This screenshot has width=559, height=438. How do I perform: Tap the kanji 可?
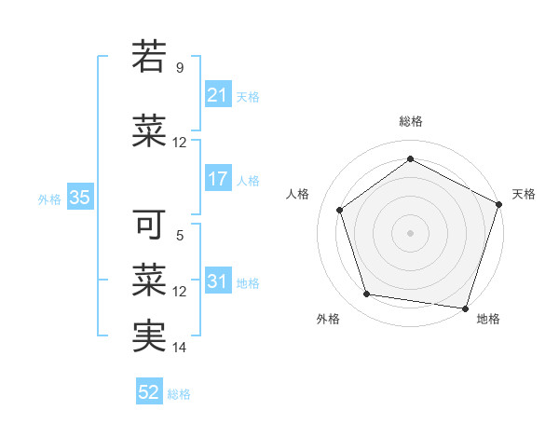pyautogui.click(x=149, y=225)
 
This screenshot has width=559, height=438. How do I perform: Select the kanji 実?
pyautogui.click(x=149, y=335)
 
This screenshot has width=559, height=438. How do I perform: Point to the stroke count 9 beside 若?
pyautogui.click(x=180, y=68)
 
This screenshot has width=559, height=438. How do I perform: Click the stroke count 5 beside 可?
pyautogui.click(x=180, y=237)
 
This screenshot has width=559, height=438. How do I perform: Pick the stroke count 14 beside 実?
pyautogui.click(x=180, y=348)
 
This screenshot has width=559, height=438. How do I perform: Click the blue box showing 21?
pyautogui.click(x=217, y=95)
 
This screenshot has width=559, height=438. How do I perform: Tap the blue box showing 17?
pyautogui.click(x=217, y=179)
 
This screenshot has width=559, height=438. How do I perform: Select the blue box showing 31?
pyautogui.click(x=217, y=281)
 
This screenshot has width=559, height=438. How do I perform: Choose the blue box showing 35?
pyautogui.click(x=79, y=198)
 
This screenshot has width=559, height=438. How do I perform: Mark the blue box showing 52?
pyautogui.click(x=149, y=393)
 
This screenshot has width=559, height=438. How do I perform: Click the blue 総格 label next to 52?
pyautogui.click(x=179, y=394)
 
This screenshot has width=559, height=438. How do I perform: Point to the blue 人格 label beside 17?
pyautogui.click(x=248, y=180)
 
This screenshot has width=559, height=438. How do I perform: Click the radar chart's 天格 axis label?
pyautogui.click(x=524, y=194)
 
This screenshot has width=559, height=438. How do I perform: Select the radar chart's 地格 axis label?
pyautogui.click(x=488, y=319)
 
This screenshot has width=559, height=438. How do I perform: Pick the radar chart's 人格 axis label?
pyautogui.click(x=297, y=194)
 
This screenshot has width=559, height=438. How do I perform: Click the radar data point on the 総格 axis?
pyautogui.click(x=410, y=159)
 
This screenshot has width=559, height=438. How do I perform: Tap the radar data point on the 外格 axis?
pyautogui.click(x=367, y=294)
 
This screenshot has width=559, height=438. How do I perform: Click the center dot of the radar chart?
pyautogui.click(x=410, y=232)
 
